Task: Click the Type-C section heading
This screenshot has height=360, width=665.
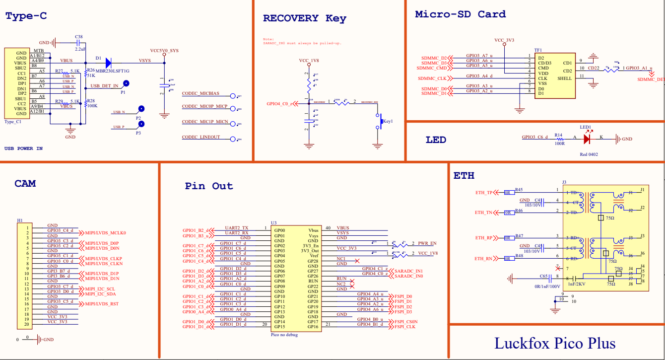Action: [26, 16]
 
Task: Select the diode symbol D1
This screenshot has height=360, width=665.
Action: [108, 62]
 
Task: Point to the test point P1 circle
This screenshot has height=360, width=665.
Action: [127, 84]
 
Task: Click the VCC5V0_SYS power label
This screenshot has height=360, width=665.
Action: [164, 51]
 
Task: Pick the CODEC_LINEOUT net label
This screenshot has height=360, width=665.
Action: [200, 137]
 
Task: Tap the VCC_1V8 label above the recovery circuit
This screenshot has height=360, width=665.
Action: [309, 61]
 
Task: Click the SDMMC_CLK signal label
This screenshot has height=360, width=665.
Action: [432, 78]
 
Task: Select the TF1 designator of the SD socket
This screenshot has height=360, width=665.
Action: [538, 50]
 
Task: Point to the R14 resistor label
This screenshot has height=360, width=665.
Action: [558, 135]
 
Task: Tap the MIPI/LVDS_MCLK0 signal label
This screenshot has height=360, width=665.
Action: [106, 232]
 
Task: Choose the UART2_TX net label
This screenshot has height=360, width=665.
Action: [237, 227]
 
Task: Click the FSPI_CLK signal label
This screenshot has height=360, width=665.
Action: [406, 327]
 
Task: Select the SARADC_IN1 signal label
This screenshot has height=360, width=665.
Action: [409, 270]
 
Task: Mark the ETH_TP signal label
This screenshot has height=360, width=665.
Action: [483, 193]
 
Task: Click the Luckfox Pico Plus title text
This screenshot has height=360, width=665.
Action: [555, 343]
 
